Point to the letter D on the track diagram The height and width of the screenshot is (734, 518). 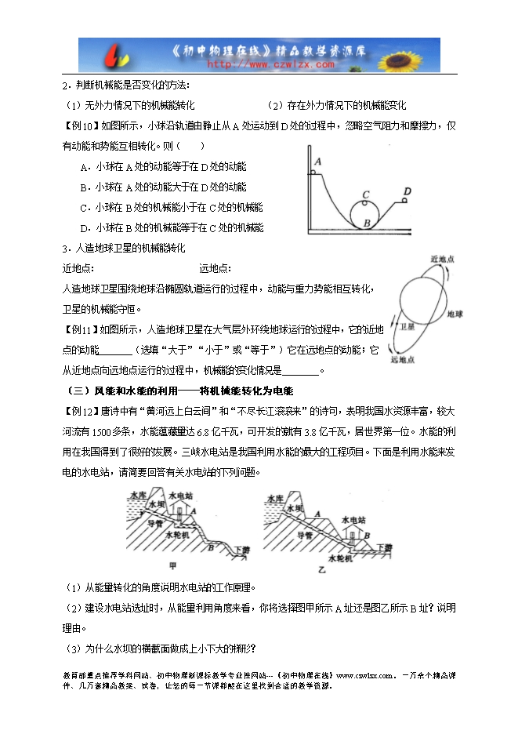[407, 191]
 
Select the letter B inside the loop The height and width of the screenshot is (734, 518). [365, 223]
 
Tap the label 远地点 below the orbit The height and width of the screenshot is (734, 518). [404, 359]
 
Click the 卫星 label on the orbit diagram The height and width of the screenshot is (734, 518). [408, 325]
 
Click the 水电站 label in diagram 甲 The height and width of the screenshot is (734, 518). [183, 496]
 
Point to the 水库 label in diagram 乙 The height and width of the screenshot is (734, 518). [274, 498]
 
